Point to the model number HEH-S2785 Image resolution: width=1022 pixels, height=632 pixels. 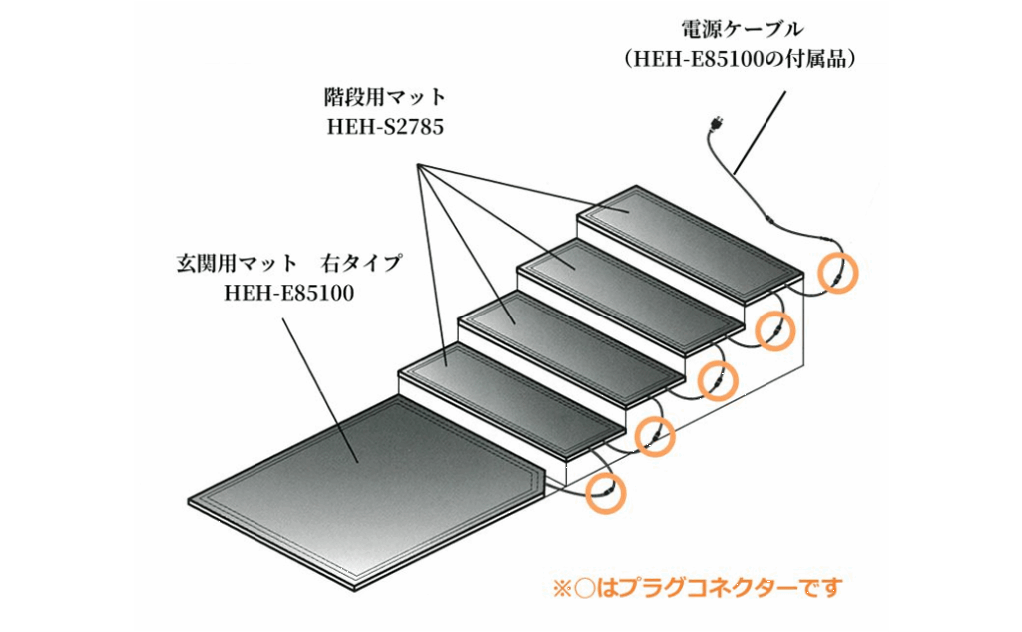pyautogui.click(x=385, y=127)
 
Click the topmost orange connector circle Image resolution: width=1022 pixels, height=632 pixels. pyautogui.click(x=836, y=272)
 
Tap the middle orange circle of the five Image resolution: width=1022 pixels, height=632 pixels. pyautogui.click(x=717, y=380)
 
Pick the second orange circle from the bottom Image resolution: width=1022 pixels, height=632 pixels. pyautogui.click(x=654, y=435)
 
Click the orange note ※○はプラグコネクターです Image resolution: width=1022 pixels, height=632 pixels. pyautogui.click(x=698, y=587)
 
